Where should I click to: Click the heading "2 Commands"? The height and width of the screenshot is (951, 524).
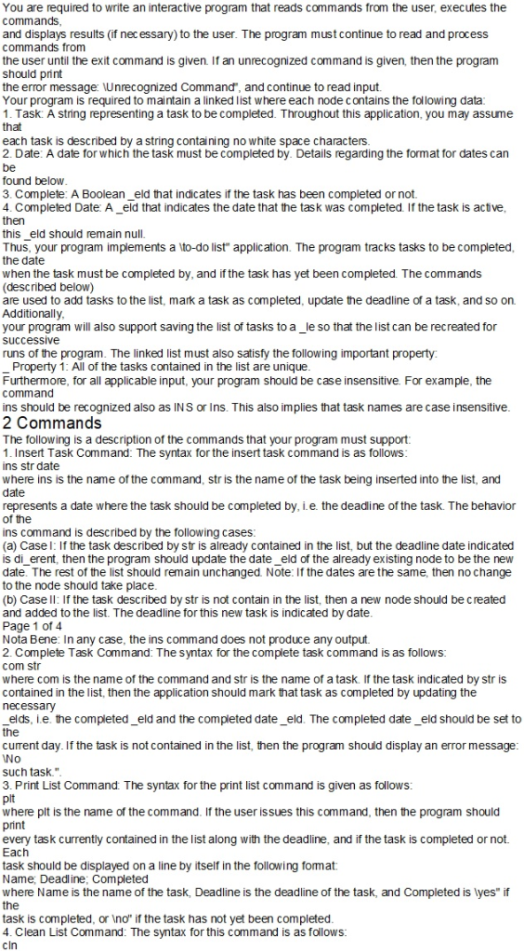point(53,423)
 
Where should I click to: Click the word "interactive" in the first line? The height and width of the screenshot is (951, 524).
point(197,7)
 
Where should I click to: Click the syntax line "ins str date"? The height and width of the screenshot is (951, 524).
point(31,464)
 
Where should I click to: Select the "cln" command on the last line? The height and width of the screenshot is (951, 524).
point(11,944)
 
